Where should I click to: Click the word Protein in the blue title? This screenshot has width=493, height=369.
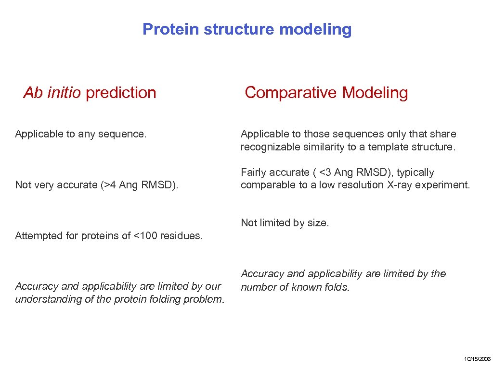pyautogui.click(x=171, y=29)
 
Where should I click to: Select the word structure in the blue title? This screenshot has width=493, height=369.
pyautogui.click(x=239, y=29)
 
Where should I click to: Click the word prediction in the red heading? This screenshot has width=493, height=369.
pyautogui.click(x=121, y=93)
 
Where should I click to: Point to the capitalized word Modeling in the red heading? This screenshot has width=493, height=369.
pyautogui.click(x=375, y=93)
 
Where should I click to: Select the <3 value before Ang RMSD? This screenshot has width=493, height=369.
pyautogui.click(x=325, y=172)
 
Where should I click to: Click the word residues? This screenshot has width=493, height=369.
pyautogui.click(x=182, y=235)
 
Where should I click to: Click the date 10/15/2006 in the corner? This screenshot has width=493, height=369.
pyautogui.click(x=477, y=359)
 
